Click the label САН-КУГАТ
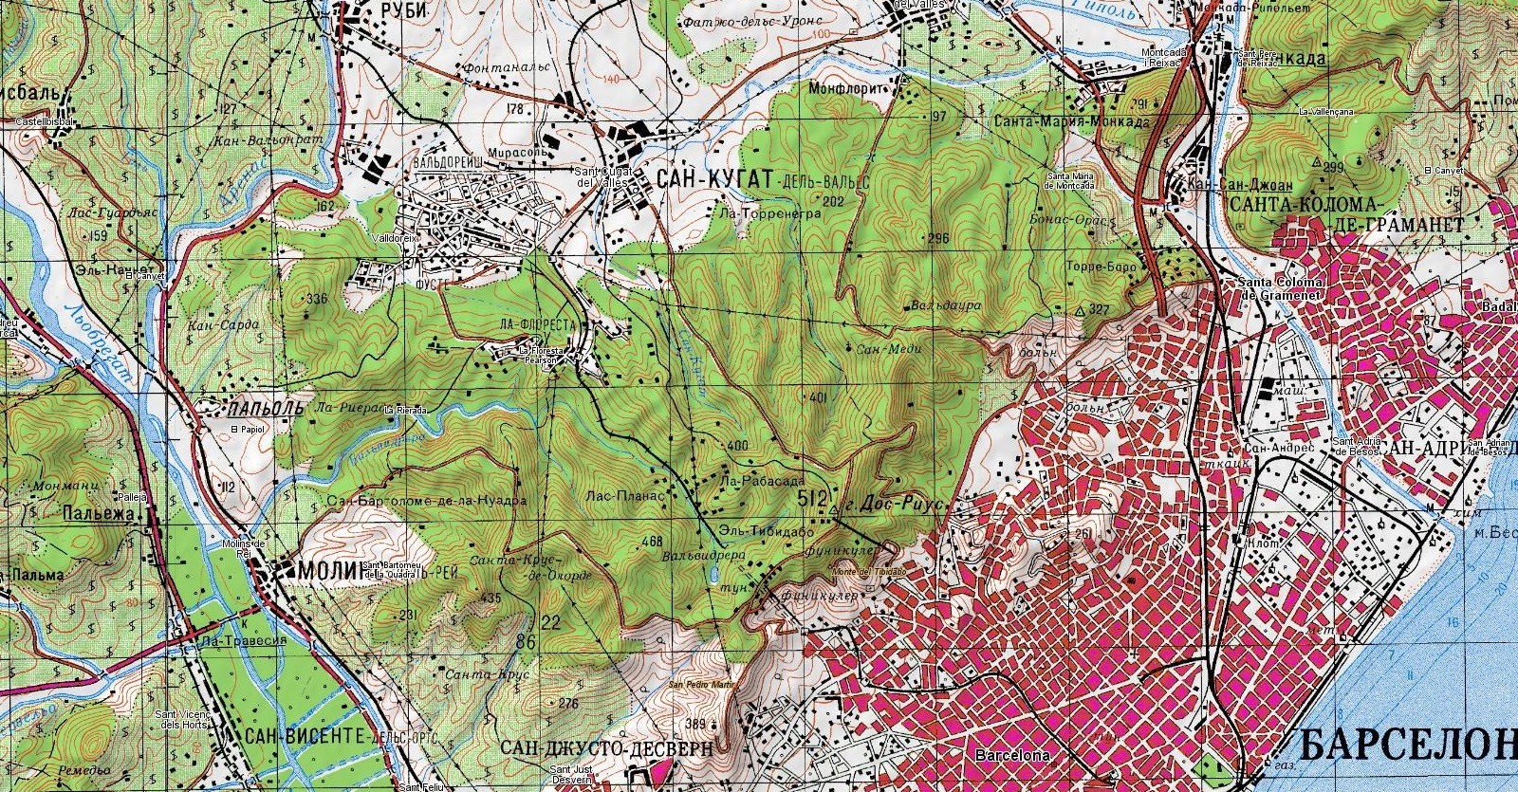pos(709,178)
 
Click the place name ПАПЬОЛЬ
pos(266,409)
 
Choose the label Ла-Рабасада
pos(755,481)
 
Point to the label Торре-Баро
pos(1101,267)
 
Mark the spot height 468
pos(652,542)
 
